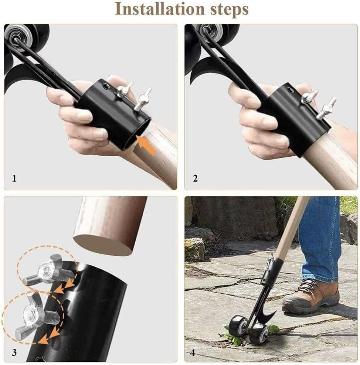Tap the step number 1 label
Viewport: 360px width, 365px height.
point(14,179)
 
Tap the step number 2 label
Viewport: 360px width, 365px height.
point(195,179)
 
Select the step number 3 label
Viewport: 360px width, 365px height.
point(14,352)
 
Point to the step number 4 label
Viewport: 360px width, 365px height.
point(193,352)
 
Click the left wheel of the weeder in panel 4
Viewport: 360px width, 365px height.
point(237,325)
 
